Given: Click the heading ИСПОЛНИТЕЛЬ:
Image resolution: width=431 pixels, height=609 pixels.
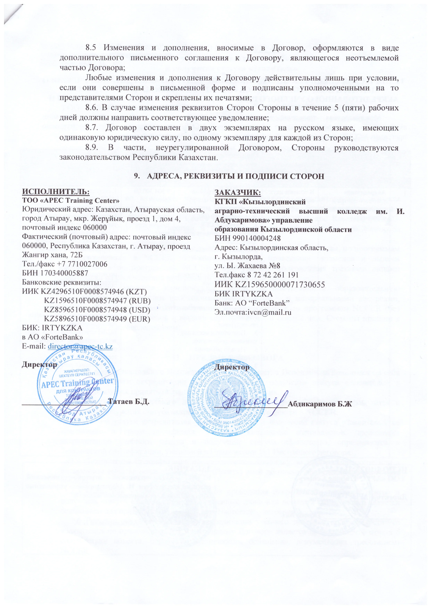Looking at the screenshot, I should coord(56,192).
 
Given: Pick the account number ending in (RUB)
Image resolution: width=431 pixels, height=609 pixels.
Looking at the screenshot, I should coord(97,301).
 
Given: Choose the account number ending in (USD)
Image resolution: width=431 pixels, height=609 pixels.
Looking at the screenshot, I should coord(97,310).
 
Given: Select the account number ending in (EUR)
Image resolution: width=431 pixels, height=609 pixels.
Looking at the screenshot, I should coord(97,318).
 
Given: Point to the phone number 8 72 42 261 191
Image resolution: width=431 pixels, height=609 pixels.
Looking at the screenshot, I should coord(271,275).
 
